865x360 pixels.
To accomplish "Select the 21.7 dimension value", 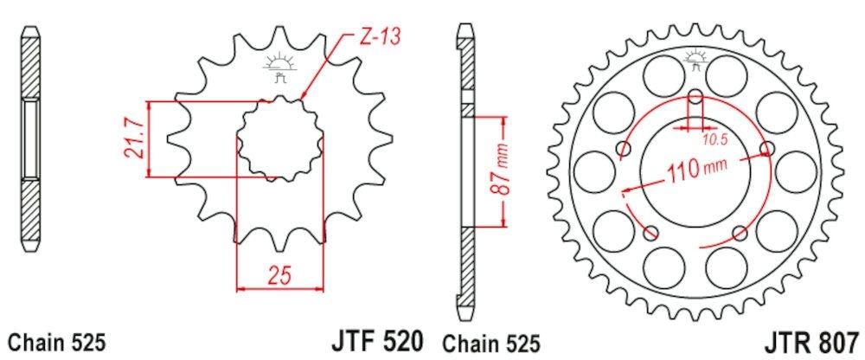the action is pos(135,139).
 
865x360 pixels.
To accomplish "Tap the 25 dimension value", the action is pos(279,274).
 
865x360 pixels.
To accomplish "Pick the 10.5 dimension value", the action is pos(714,140).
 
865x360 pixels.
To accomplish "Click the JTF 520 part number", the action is pos(377,341).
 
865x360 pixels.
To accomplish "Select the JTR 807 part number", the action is pos(811,342).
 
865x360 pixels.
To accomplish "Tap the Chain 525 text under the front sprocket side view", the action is pos(57,343).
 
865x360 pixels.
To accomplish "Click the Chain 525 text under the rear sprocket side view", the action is pos(491,344).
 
